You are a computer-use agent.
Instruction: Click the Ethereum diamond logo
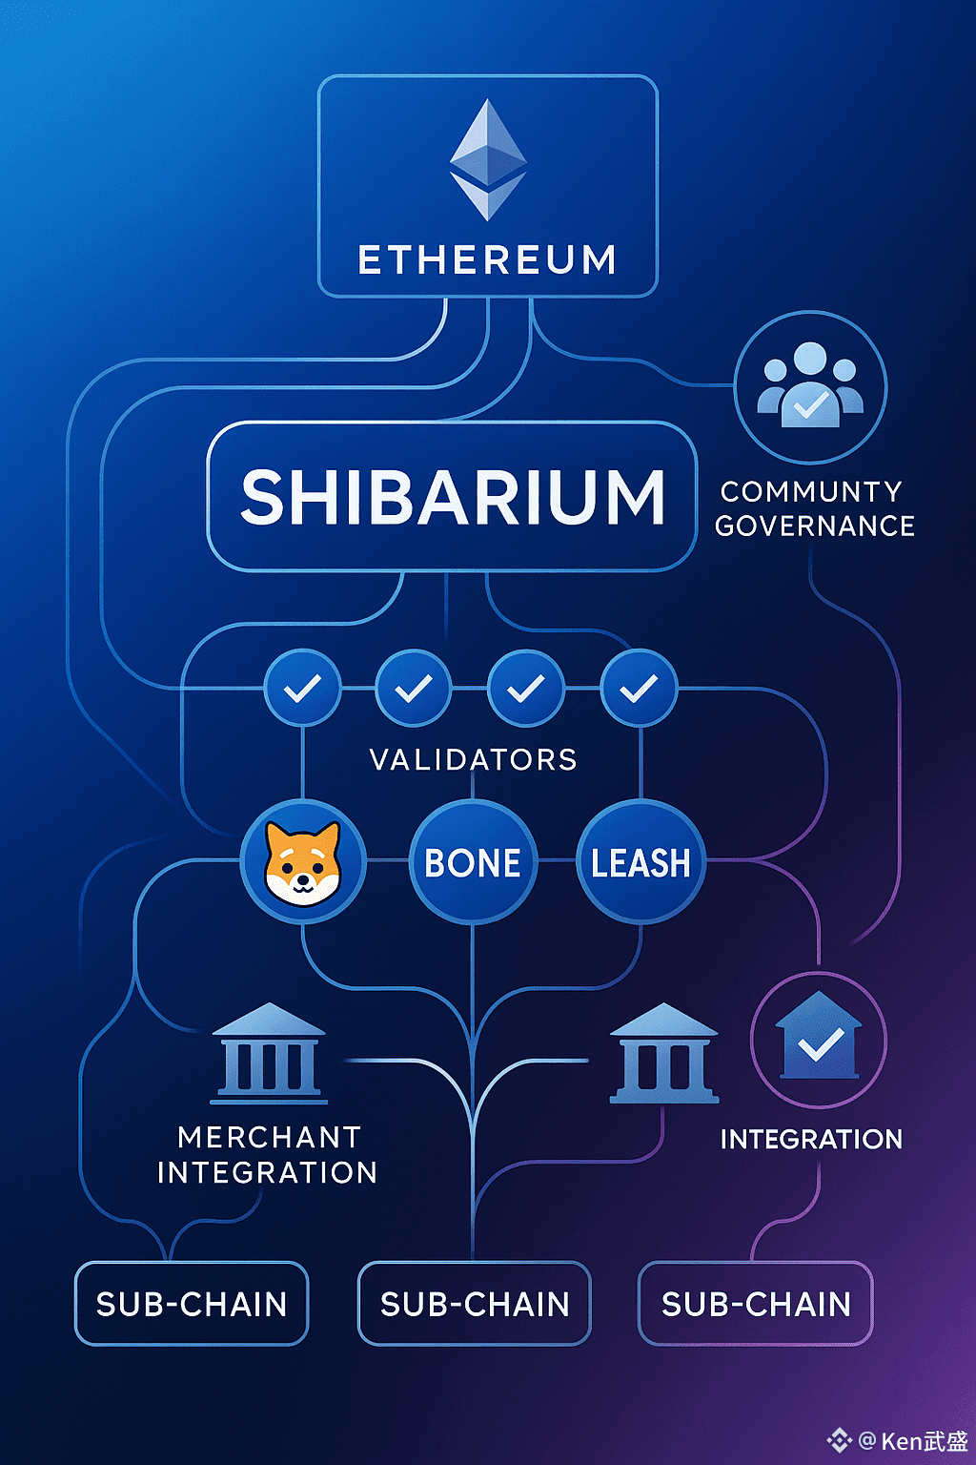488,159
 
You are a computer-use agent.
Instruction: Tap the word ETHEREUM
487,260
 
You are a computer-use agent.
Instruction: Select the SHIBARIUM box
452,496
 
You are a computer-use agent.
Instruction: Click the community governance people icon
810,386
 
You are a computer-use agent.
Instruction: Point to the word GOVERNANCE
815,526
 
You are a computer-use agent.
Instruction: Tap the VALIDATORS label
474,759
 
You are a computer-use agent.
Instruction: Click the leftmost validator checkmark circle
302,688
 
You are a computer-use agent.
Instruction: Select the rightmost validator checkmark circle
639,688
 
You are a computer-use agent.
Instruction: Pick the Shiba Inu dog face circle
303,862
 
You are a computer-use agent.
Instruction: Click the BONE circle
473,862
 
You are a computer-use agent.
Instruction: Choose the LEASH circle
640,862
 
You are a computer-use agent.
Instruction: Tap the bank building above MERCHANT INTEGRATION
269,1053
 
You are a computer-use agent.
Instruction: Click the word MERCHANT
269,1137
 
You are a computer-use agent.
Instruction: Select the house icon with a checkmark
819,1040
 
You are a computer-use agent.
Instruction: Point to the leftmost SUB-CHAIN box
192,1304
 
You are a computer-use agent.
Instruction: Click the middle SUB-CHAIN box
475,1304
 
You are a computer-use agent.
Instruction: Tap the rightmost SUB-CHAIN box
756,1304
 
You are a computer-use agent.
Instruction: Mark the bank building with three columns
664,1053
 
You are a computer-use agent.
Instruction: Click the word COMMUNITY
811,491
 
